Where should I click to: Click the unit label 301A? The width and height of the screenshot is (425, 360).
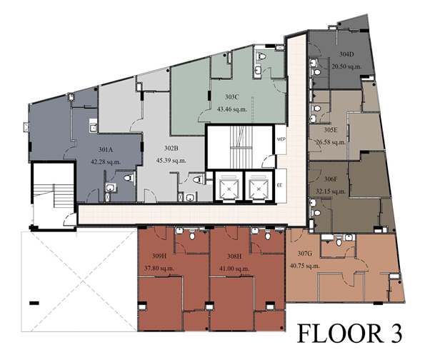[x=106, y=149]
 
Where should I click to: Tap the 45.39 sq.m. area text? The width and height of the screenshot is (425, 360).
[x=171, y=161]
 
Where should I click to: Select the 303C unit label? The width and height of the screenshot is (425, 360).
[x=231, y=97]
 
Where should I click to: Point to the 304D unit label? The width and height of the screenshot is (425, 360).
[x=346, y=54]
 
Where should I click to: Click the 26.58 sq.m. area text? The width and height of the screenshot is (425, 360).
[x=331, y=142]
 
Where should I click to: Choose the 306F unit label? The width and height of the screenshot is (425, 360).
[x=331, y=179]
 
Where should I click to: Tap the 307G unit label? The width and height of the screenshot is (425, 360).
[x=305, y=254]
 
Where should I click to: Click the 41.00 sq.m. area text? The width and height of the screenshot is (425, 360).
[x=234, y=269]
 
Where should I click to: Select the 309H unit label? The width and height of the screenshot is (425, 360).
[x=159, y=256]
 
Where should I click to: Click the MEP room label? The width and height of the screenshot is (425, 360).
[x=280, y=139]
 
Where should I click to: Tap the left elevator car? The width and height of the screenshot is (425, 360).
[x=230, y=187]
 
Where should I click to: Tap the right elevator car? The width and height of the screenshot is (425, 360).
[x=259, y=187]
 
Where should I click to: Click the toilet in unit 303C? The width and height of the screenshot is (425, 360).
[x=261, y=56]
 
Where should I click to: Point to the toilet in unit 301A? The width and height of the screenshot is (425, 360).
[x=129, y=178]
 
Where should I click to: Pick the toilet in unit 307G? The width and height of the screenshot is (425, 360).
[x=339, y=241]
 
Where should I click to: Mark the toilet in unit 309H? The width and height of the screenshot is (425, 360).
[x=192, y=235]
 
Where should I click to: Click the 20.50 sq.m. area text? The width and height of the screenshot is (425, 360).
[x=346, y=66]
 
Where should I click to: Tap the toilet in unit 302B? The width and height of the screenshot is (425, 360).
[x=199, y=179]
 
